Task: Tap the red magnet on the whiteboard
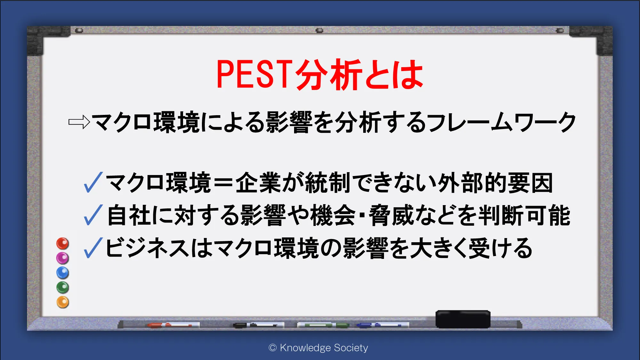click(x=63, y=244)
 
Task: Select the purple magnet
click(x=63, y=258)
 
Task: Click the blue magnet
click(x=63, y=273)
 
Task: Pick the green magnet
click(x=63, y=287)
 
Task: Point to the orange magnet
click(x=63, y=302)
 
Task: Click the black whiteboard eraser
click(x=463, y=319)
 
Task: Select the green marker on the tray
click(x=323, y=325)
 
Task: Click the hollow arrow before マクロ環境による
click(x=79, y=122)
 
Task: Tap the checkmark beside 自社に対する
click(x=93, y=215)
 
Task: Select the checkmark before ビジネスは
click(x=93, y=248)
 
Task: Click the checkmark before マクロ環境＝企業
click(x=93, y=182)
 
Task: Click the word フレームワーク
click(x=501, y=122)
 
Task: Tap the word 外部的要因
click(x=495, y=183)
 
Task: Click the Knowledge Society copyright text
click(x=318, y=348)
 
